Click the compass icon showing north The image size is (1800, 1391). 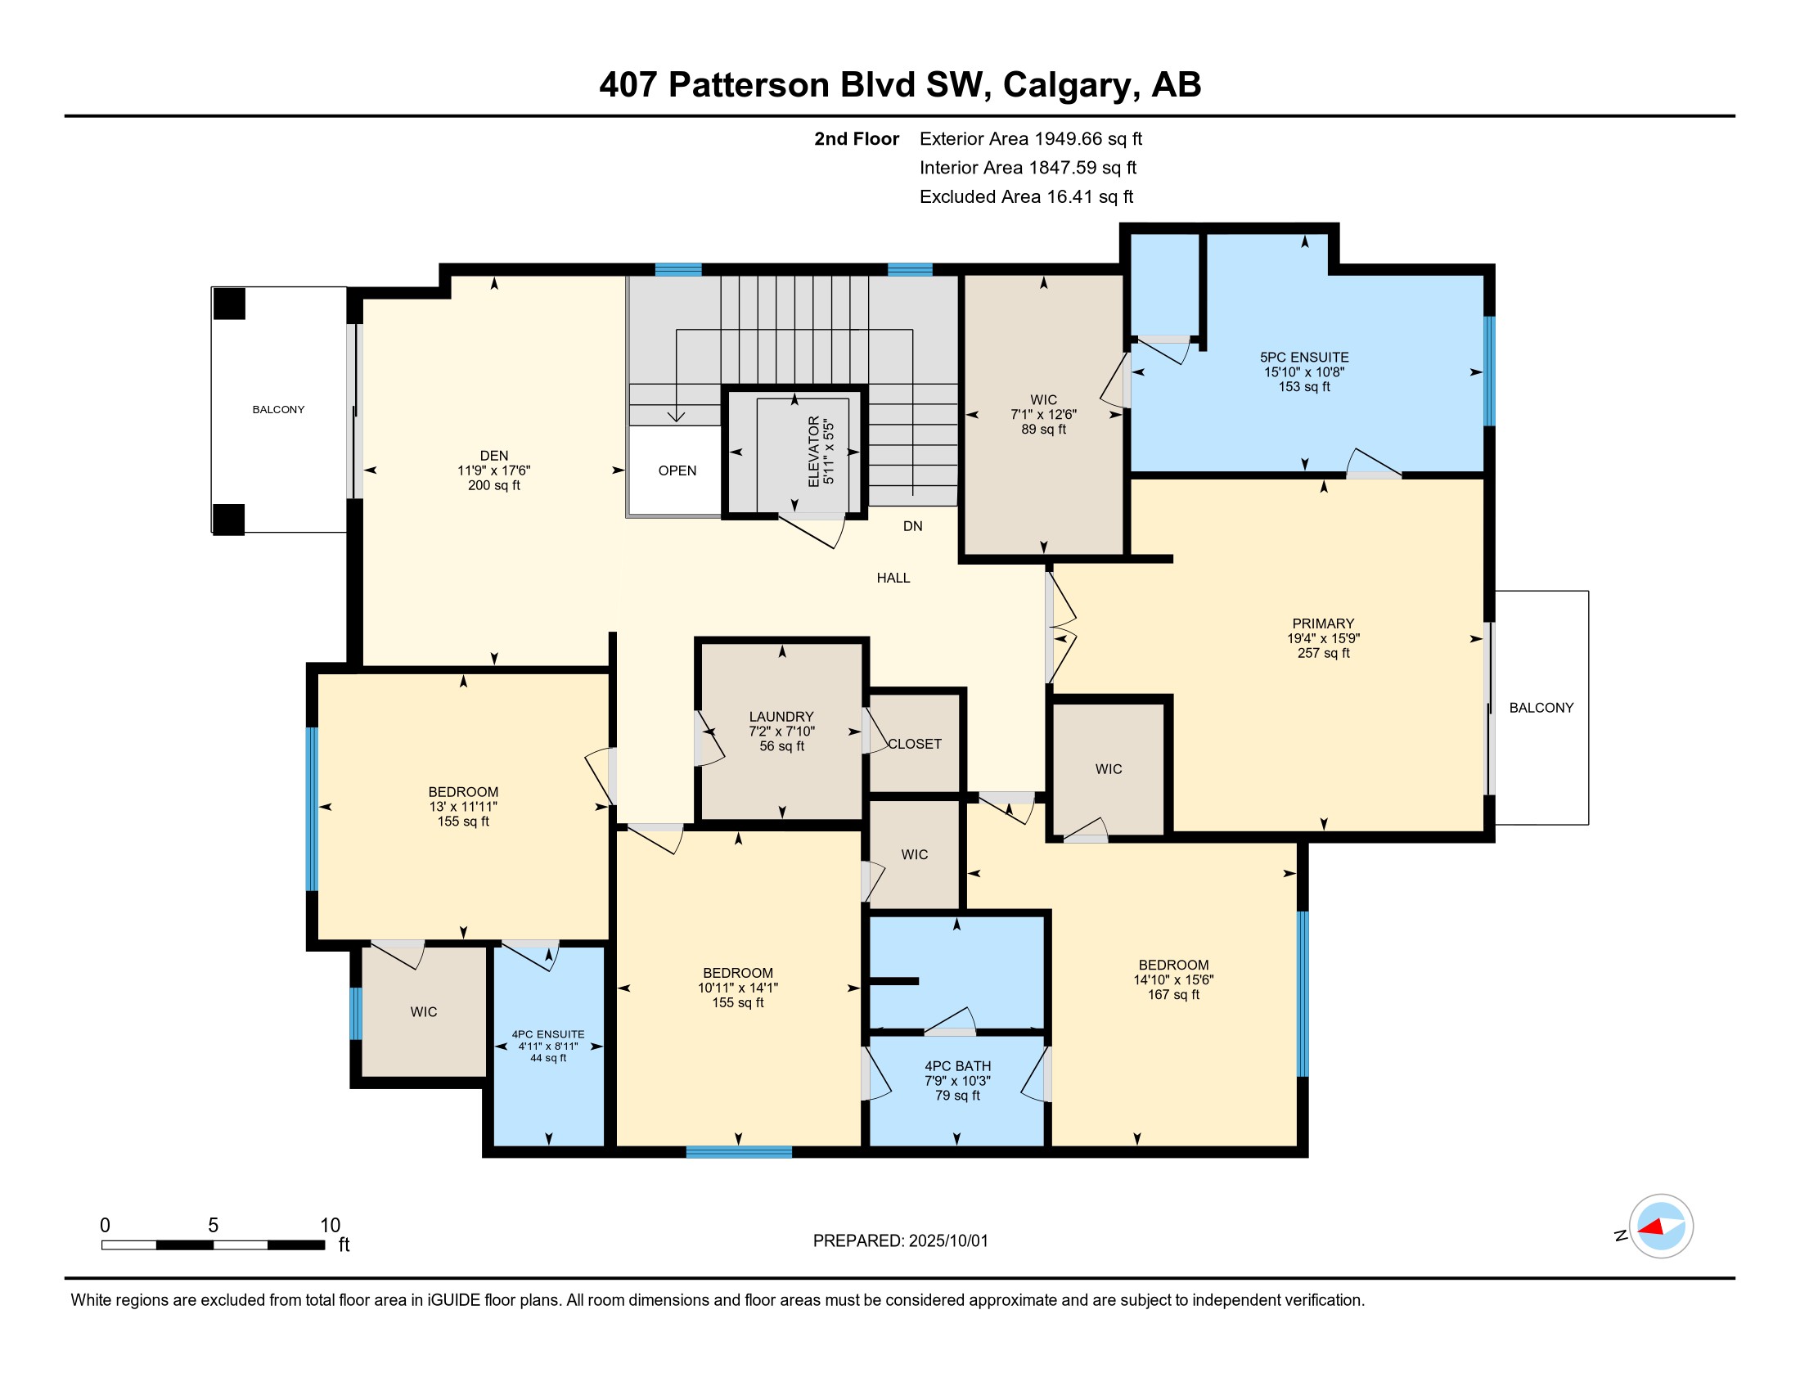(1661, 1226)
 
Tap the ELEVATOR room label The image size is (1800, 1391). (814, 451)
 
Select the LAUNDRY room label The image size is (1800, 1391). (781, 717)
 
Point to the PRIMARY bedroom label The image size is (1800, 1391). (1323, 623)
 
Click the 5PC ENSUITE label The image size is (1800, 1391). (1304, 358)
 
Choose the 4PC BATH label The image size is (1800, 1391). (958, 1066)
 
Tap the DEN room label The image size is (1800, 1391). (493, 456)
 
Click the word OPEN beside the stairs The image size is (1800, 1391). (677, 470)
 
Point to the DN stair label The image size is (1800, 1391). (912, 526)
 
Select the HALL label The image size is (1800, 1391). (893, 578)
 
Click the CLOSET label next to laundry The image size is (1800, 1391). (915, 744)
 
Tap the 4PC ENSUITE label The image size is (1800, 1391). (548, 1034)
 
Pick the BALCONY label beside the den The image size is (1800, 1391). (278, 410)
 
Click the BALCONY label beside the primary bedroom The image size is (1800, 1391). (1541, 708)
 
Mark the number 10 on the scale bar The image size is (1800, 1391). (330, 1226)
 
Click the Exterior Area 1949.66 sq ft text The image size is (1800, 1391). (1031, 138)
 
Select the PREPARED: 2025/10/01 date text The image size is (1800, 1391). (900, 1241)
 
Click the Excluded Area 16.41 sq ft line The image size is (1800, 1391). (1026, 196)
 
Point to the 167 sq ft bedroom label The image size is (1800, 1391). (1173, 995)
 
